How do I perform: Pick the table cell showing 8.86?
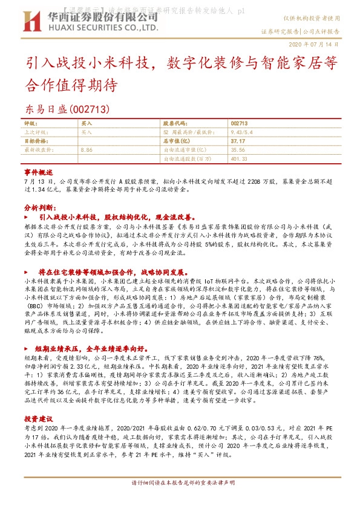(x=86, y=148)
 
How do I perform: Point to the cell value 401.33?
(x=240, y=158)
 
